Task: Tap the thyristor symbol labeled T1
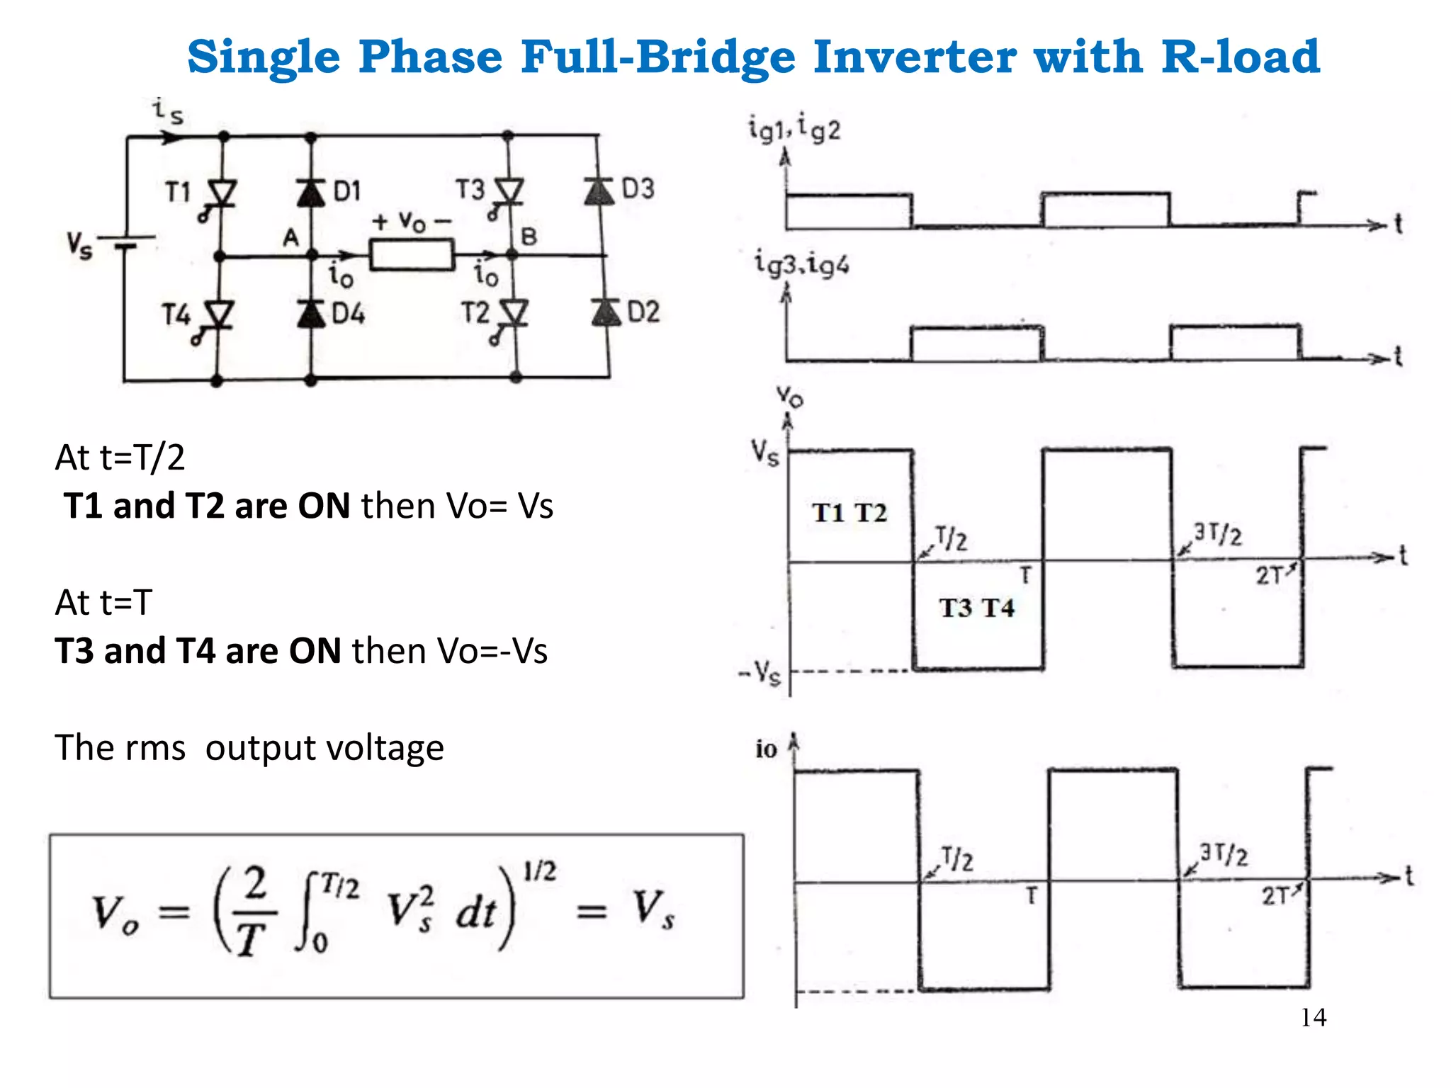[222, 193]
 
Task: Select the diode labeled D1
[310, 192]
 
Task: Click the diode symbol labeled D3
[599, 191]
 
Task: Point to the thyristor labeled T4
[218, 314]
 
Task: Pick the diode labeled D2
[606, 312]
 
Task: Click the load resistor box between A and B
[412, 254]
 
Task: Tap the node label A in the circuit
[290, 238]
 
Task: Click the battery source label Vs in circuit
[79, 246]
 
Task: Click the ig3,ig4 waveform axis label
[801, 263]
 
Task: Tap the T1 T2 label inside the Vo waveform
[849, 513]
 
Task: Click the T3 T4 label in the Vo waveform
[976, 608]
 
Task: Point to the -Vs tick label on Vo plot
[760, 671]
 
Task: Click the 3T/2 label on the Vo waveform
[1217, 533]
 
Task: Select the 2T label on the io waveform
[1275, 896]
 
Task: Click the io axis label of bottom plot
[766, 749]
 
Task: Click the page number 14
[1313, 1017]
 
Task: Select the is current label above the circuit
[168, 111]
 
